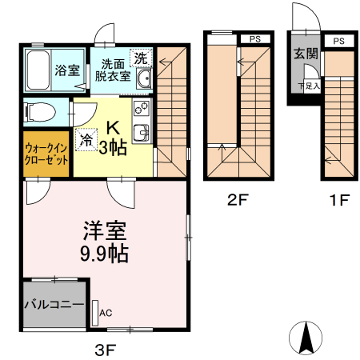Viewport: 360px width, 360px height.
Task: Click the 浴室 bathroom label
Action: pyautogui.click(x=66, y=70)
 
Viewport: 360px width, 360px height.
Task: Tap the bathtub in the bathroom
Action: pyautogui.click(x=38, y=70)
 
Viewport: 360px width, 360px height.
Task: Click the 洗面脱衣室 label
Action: pyautogui.click(x=113, y=70)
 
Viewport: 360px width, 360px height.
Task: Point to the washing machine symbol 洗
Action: pyautogui.click(x=140, y=58)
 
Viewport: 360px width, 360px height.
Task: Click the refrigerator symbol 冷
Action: pyautogui.click(x=86, y=139)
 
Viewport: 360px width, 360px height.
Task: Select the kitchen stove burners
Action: pyautogui.click(x=142, y=108)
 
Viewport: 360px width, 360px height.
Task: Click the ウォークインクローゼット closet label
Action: pyautogui.click(x=46, y=152)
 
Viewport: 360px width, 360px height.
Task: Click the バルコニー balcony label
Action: pyautogui.click(x=53, y=304)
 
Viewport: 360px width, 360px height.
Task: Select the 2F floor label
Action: pyautogui.click(x=238, y=200)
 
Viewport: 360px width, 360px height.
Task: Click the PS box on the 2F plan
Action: pyautogui.click(x=254, y=38)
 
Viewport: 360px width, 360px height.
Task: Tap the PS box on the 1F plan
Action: pyautogui.click(x=338, y=41)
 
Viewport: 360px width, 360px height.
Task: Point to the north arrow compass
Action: pyautogui.click(x=305, y=338)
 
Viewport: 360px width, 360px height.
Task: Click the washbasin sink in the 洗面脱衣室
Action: pyautogui.click(x=144, y=79)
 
